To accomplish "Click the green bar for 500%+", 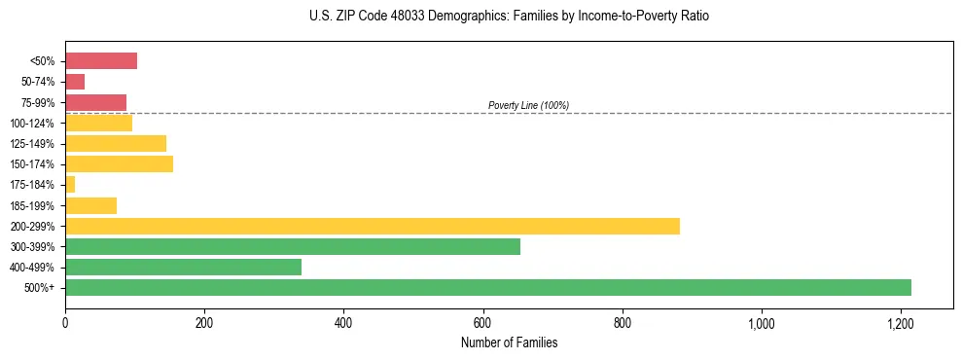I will pyautogui.click(x=487, y=288).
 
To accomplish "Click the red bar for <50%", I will pyautogui.click(x=100, y=61).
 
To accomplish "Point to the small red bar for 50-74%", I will pyautogui.click(x=75, y=82).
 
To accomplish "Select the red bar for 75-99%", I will pyautogui.click(x=95, y=102).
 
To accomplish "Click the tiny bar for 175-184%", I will pyautogui.click(x=70, y=185).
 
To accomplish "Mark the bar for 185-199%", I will pyautogui.click(x=90, y=205).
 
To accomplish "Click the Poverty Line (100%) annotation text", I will pyautogui.click(x=528, y=105).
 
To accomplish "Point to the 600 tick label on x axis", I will pyautogui.click(x=482, y=323).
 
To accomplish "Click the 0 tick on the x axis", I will pyautogui.click(x=65, y=323).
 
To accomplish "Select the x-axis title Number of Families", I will pyautogui.click(x=509, y=342).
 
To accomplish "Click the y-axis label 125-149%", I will pyautogui.click(x=33, y=144).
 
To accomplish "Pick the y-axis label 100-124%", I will pyautogui.click(x=33, y=124).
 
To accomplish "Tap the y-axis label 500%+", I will pyautogui.click(x=41, y=288).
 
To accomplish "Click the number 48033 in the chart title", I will pyautogui.click(x=413, y=17).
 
